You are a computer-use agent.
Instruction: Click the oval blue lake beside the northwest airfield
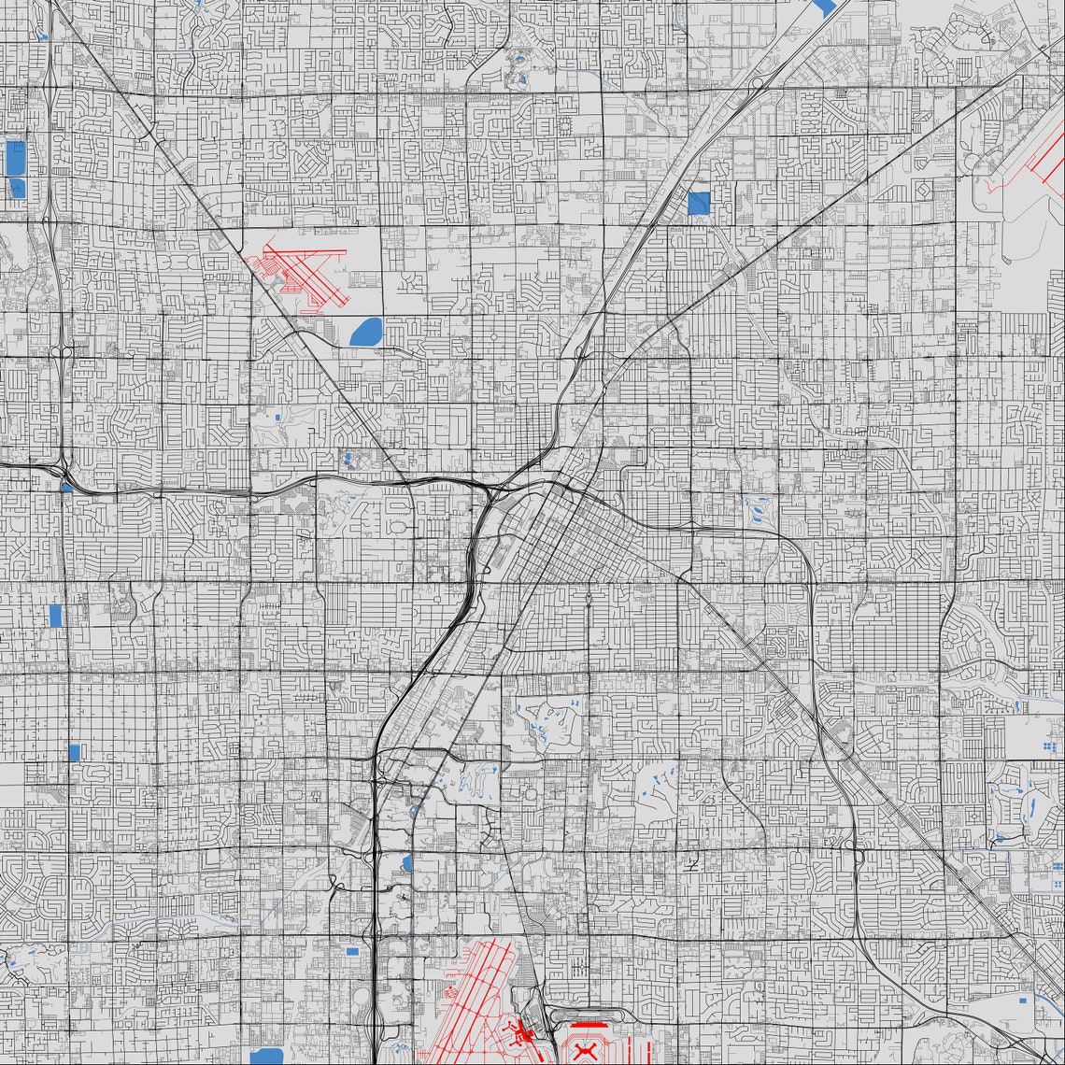click(x=365, y=330)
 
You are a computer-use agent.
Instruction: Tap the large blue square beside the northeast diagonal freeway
click(x=699, y=204)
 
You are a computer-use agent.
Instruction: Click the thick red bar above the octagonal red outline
click(x=589, y=1025)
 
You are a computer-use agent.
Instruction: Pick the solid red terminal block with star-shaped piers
click(x=519, y=1033)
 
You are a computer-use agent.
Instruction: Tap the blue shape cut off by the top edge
click(x=825, y=7)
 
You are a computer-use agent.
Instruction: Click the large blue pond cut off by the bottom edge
click(x=266, y=1056)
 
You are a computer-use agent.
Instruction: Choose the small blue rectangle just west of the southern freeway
click(x=352, y=951)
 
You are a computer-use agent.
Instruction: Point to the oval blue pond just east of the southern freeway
click(x=406, y=862)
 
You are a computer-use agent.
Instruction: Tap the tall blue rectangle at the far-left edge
click(x=15, y=159)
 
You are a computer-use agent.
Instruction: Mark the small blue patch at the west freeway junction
click(x=67, y=487)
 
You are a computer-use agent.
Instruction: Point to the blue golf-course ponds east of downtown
click(x=753, y=509)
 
